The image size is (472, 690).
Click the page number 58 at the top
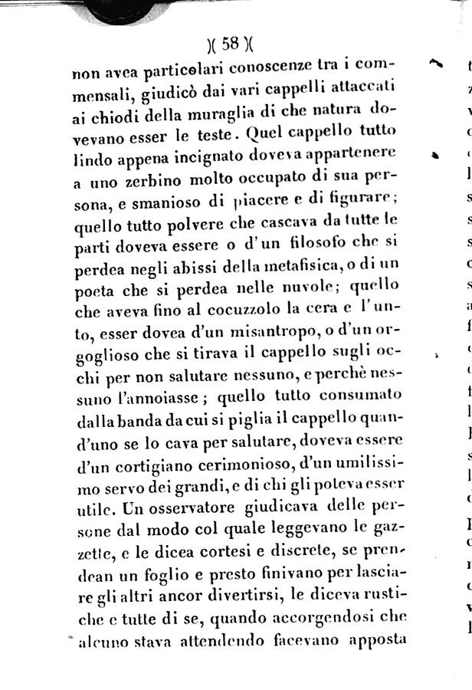229,44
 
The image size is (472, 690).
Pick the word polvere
195,226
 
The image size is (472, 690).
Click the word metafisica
281,268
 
